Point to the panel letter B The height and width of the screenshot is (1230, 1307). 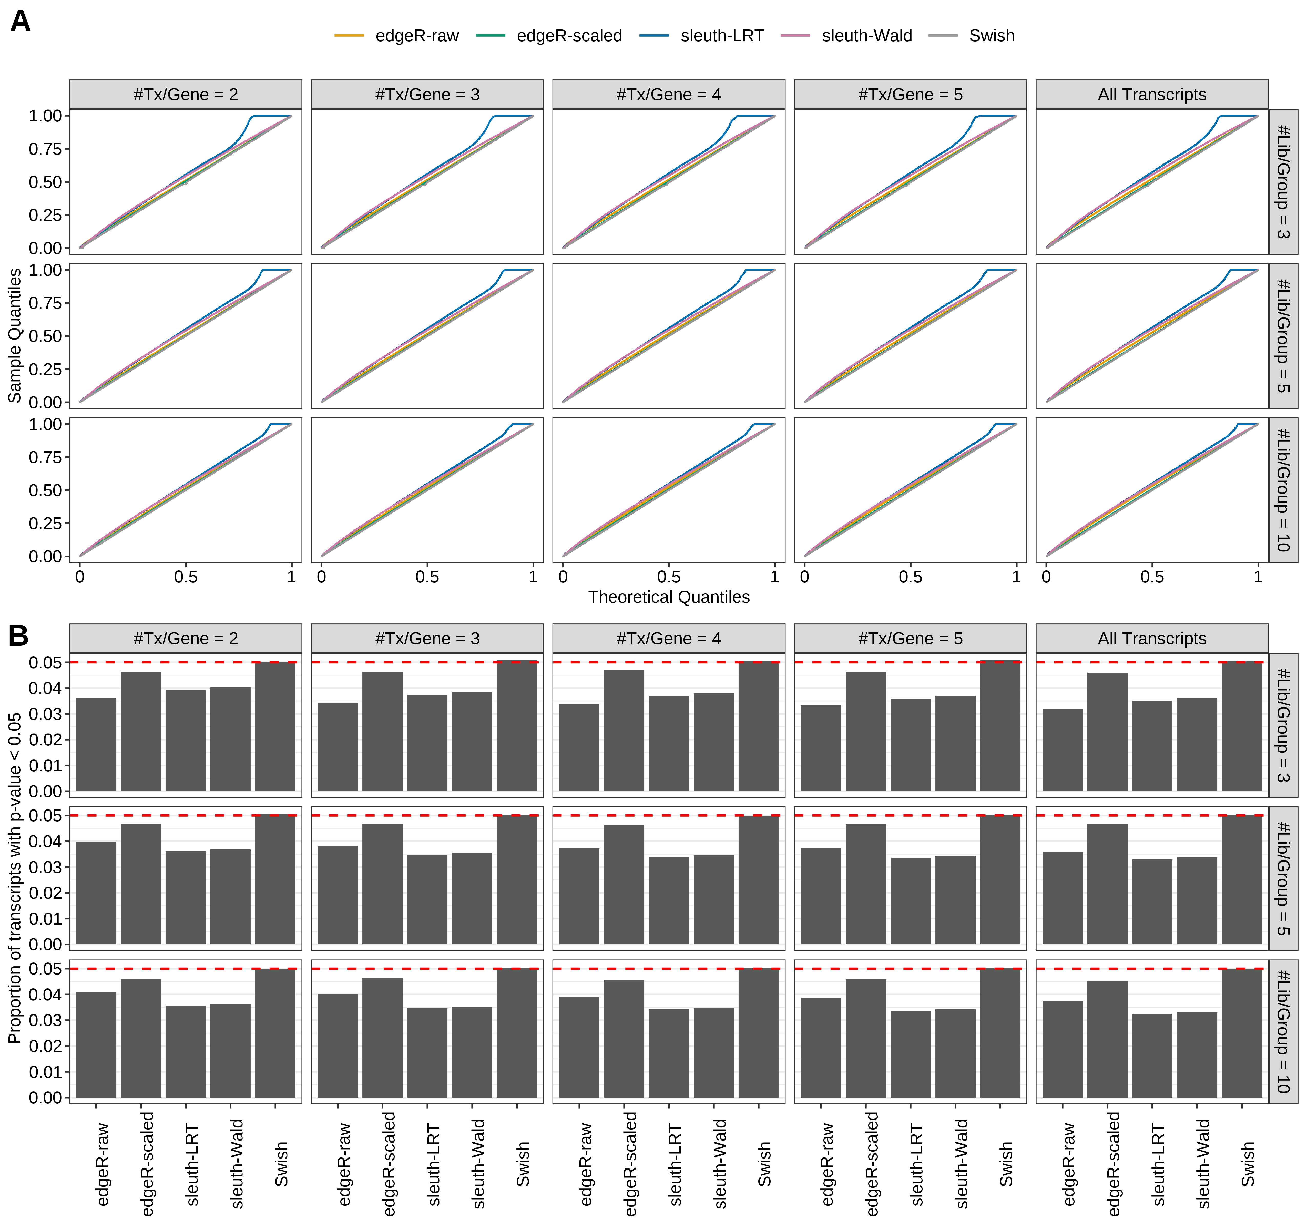(18, 636)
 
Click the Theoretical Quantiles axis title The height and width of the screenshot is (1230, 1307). (669, 597)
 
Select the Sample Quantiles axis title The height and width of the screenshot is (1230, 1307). (14, 335)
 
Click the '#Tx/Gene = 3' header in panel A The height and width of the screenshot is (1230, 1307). (427, 95)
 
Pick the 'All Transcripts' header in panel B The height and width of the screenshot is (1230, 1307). (1152, 638)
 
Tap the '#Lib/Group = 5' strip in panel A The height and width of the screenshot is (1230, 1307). (1283, 335)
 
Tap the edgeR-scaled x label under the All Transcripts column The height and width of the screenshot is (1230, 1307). (1113, 1164)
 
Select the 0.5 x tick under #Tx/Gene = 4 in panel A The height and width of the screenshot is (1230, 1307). (669, 577)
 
